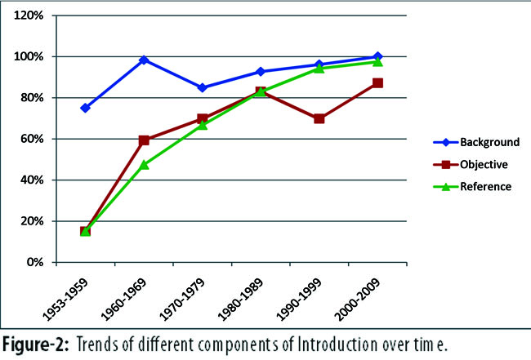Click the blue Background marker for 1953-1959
tap(85, 108)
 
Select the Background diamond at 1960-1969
tap(144, 60)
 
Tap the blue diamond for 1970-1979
tap(202, 87)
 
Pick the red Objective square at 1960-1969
tap(144, 140)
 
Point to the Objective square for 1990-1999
tap(319, 118)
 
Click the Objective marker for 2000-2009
tap(377, 83)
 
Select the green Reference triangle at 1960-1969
tap(144, 165)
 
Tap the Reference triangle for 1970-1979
tap(202, 125)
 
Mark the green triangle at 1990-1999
tap(319, 69)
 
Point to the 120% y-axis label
tap(29, 16)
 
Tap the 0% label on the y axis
tap(35, 262)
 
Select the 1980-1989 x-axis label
tap(240, 299)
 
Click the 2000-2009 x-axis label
tap(357, 299)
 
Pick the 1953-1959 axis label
tap(65, 299)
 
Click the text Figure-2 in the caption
tap(36, 344)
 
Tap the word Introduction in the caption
tap(337, 344)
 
